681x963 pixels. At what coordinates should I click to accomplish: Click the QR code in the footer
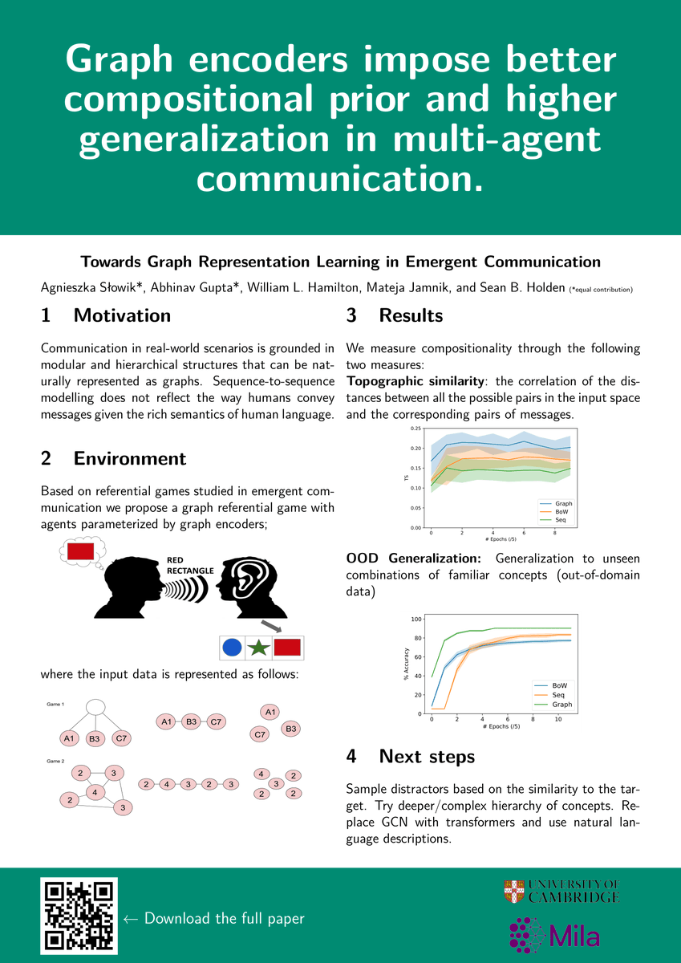(x=79, y=916)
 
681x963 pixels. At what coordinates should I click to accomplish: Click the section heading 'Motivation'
(x=122, y=315)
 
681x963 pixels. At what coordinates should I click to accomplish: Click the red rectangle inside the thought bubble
(x=81, y=551)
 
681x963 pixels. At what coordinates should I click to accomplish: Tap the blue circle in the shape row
(x=232, y=647)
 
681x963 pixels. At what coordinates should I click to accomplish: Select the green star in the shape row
(x=258, y=647)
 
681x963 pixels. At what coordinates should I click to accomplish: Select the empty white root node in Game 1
(x=95, y=707)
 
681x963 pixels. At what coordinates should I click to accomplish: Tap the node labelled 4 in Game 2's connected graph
(x=95, y=791)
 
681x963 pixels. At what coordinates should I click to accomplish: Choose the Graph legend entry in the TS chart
(x=557, y=503)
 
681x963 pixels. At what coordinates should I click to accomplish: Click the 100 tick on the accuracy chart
(x=415, y=619)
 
